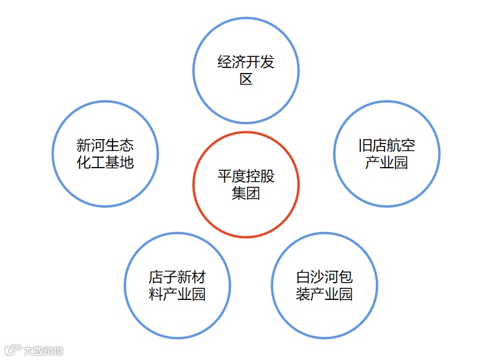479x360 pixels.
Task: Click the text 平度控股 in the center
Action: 246,176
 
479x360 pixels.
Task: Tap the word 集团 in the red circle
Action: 246,193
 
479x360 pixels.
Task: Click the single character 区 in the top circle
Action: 246,79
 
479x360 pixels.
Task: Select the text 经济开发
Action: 246,62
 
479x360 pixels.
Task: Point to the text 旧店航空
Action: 386,146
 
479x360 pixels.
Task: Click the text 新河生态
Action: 105,146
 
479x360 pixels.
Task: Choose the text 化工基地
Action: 105,163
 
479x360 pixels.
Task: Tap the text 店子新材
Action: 177,276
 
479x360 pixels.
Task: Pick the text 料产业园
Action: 177,293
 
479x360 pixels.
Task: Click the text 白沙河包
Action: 324,276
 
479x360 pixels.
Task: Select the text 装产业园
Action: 324,293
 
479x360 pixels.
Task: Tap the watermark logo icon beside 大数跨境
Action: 12,351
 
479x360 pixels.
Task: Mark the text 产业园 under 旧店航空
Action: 386,163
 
